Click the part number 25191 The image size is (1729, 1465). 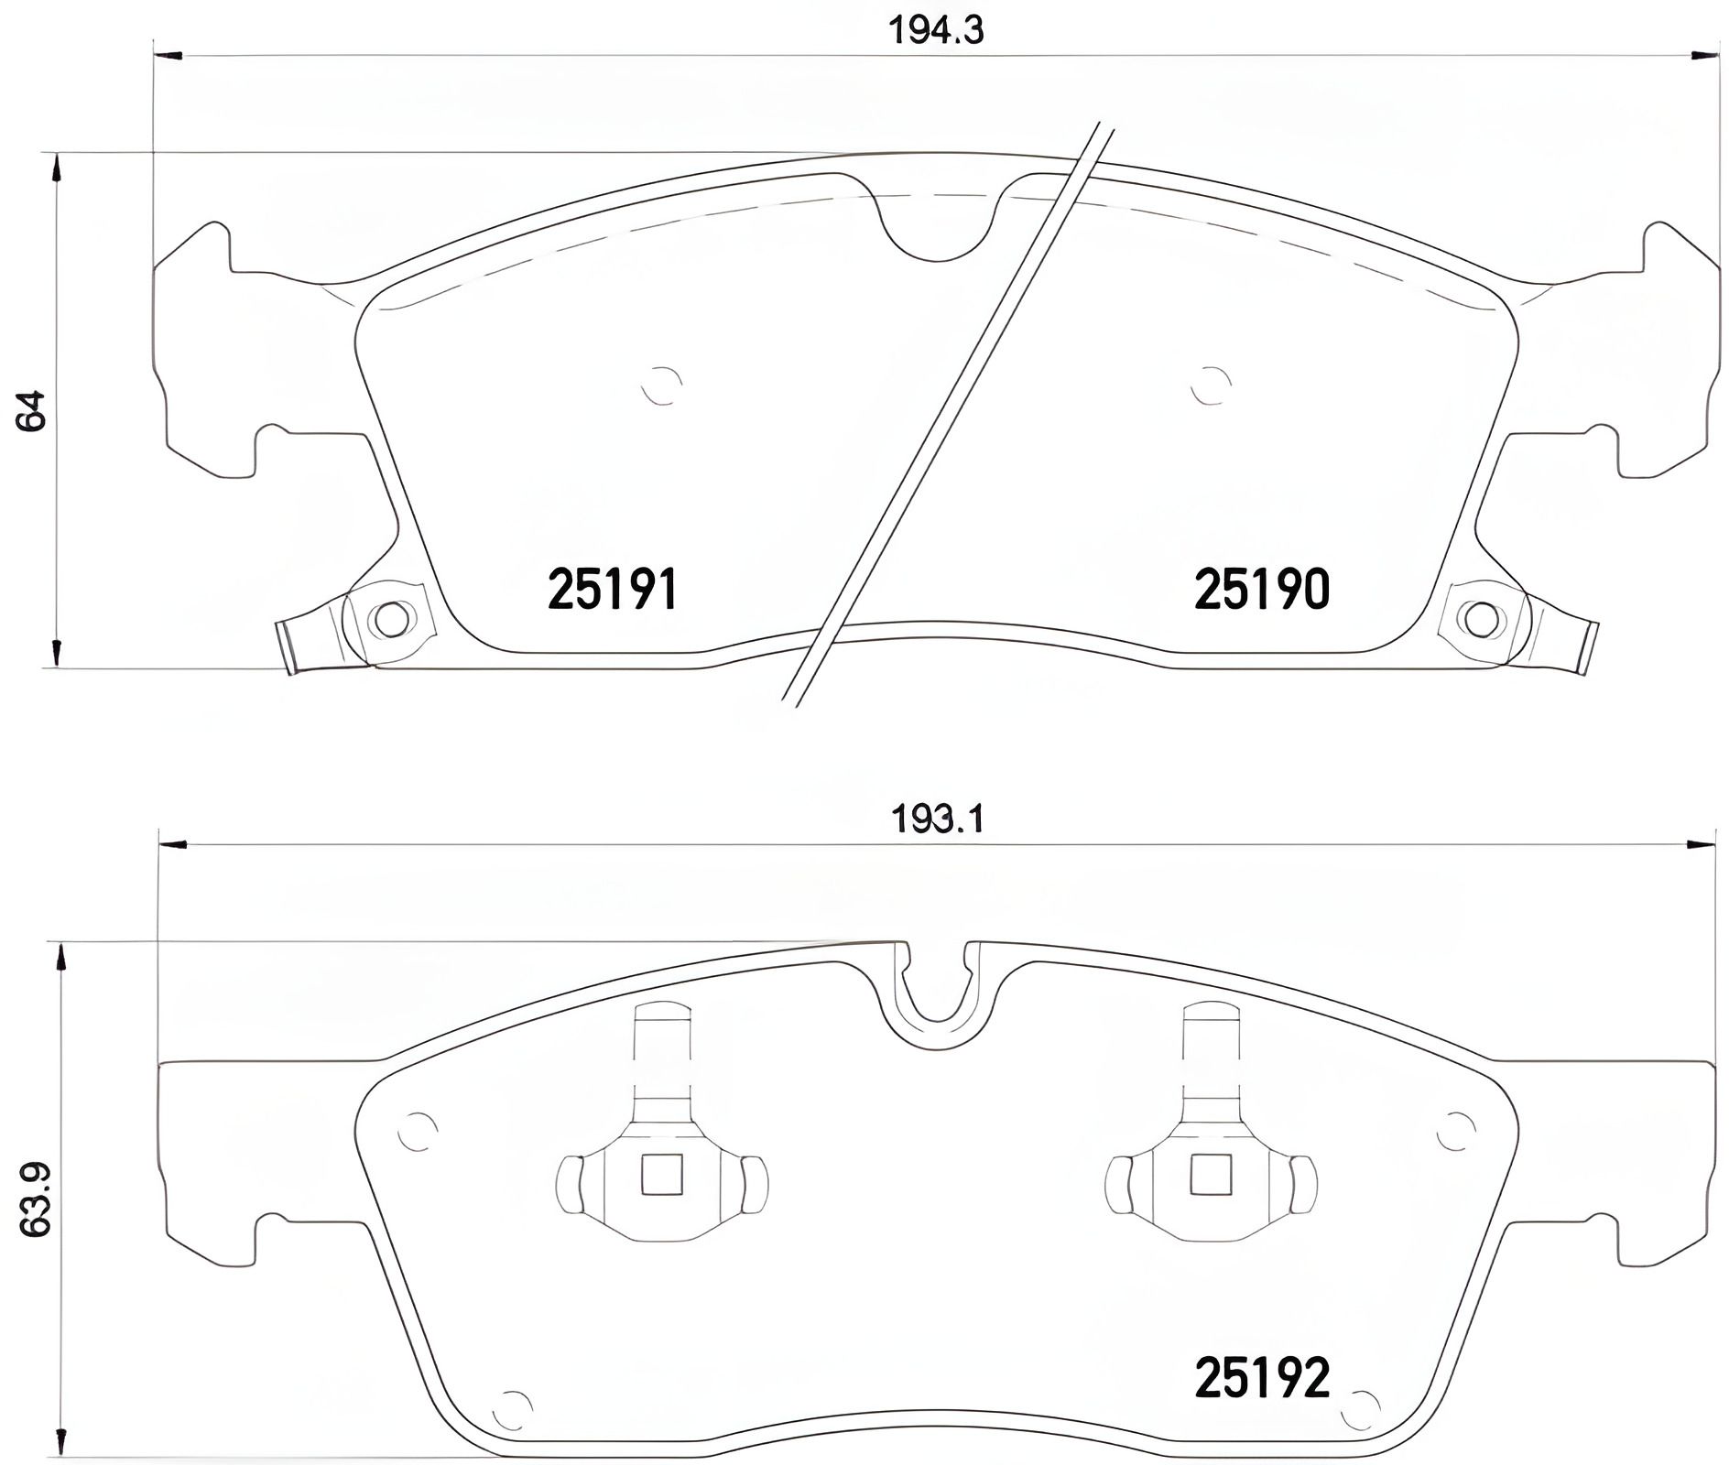[x=613, y=589]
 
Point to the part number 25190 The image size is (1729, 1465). [x=1261, y=589]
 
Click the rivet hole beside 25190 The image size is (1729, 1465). [x=1481, y=619]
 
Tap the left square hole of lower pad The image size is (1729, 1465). [x=662, y=1175]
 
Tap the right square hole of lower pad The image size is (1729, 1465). [x=1211, y=1175]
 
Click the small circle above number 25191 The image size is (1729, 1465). [x=661, y=385]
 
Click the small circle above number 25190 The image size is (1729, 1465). [x=1211, y=385]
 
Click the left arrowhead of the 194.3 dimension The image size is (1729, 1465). [x=169, y=56]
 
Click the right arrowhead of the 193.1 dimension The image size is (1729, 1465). [x=1702, y=845]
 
